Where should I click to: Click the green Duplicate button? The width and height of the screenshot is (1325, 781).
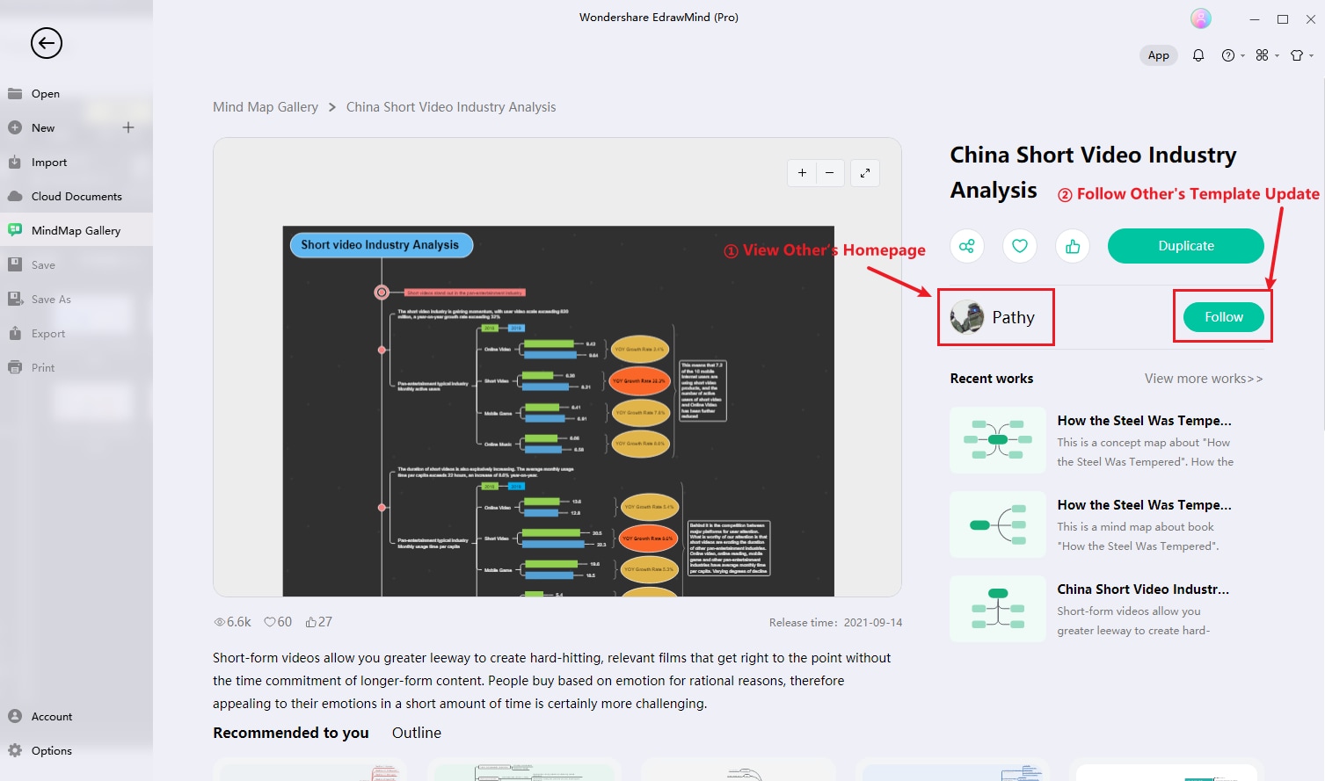[x=1185, y=246]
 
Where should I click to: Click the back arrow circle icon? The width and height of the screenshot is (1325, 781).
[x=47, y=43]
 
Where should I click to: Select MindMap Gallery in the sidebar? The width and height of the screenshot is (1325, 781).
[x=76, y=230]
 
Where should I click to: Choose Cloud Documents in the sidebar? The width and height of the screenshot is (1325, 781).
[x=76, y=196]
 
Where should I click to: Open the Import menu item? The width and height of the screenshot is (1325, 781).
[x=49, y=162]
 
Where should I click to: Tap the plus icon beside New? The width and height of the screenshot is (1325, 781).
[x=128, y=127]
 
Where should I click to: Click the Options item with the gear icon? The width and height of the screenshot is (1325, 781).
[x=51, y=750]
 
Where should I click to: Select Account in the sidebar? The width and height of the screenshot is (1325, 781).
[x=52, y=716]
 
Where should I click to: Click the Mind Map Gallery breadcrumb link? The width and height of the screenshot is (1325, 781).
[x=266, y=107]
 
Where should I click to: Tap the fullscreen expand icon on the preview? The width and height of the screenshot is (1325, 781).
[x=865, y=173]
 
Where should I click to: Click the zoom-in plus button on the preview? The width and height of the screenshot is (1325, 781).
[x=802, y=173]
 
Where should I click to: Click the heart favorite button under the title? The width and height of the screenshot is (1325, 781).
[x=1020, y=246]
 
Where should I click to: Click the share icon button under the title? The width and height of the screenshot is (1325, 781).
[x=967, y=246]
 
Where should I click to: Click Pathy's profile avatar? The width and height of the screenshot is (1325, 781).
[x=967, y=317]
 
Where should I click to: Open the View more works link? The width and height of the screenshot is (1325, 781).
[x=1203, y=379]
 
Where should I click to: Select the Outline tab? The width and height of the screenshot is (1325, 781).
[x=417, y=733]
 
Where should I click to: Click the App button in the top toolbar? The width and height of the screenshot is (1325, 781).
[x=1159, y=55]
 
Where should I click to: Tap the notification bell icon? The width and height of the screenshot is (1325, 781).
[x=1198, y=55]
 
